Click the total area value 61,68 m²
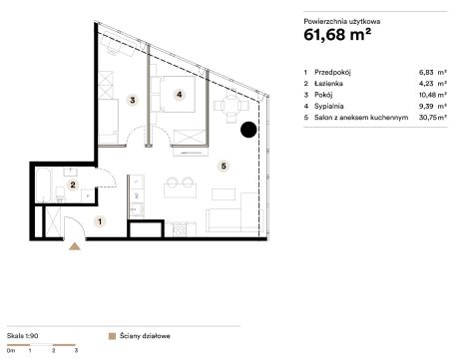[337, 35]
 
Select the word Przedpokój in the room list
[332, 72]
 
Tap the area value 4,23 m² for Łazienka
[433, 84]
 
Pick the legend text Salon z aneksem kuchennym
[361, 118]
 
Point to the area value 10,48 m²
[433, 95]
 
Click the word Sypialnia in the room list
[328, 107]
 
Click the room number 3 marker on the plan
[133, 100]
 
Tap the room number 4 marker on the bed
[180, 95]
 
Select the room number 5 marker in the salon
[224, 166]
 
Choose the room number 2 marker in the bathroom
[73, 184]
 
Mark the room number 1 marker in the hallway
[100, 221]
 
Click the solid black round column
[248, 130]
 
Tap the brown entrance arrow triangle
[75, 246]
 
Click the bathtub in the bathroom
[44, 185]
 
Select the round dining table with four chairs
[232, 106]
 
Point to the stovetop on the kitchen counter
[180, 229]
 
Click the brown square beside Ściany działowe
[112, 336]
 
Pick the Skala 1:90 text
[23, 336]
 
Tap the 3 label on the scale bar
[76, 350]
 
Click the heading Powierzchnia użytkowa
[342, 22]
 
